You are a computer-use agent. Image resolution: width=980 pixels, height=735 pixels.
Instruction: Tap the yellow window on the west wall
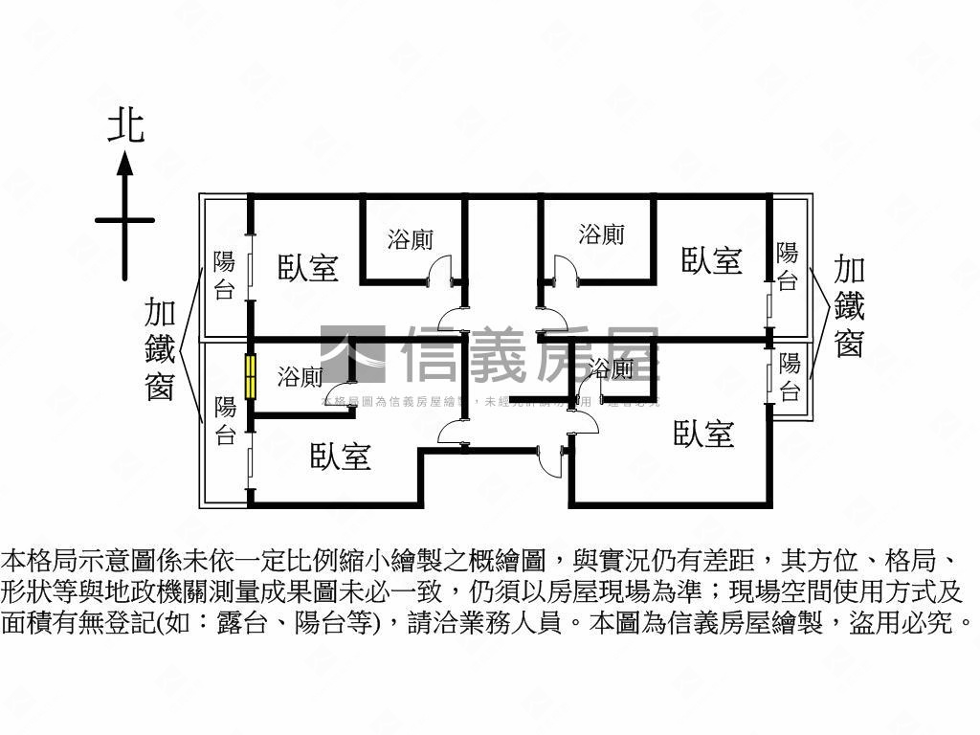pos(251,377)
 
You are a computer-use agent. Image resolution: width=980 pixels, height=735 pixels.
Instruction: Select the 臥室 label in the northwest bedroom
pos(308,267)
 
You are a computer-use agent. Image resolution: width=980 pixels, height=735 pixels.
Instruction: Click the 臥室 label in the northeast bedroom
pos(712,259)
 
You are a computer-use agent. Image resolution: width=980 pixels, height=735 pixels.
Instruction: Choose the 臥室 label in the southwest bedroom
pos(341,457)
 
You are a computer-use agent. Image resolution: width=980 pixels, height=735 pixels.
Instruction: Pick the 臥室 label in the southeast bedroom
pos(704,434)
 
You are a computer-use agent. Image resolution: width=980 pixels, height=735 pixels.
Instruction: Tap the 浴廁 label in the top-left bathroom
pos(411,239)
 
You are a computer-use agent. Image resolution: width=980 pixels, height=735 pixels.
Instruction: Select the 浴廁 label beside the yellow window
pos(300,377)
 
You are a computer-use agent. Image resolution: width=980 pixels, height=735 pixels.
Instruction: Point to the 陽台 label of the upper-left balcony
pos(224,276)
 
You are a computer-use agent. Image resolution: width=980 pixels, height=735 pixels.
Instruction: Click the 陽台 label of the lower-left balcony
pos(225,421)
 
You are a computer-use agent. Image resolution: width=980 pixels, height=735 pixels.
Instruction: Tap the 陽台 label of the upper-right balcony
pos(787,266)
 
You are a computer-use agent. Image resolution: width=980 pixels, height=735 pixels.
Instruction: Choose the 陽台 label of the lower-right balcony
pos(790,377)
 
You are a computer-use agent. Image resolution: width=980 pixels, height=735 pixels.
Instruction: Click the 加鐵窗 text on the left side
pos(159,348)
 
